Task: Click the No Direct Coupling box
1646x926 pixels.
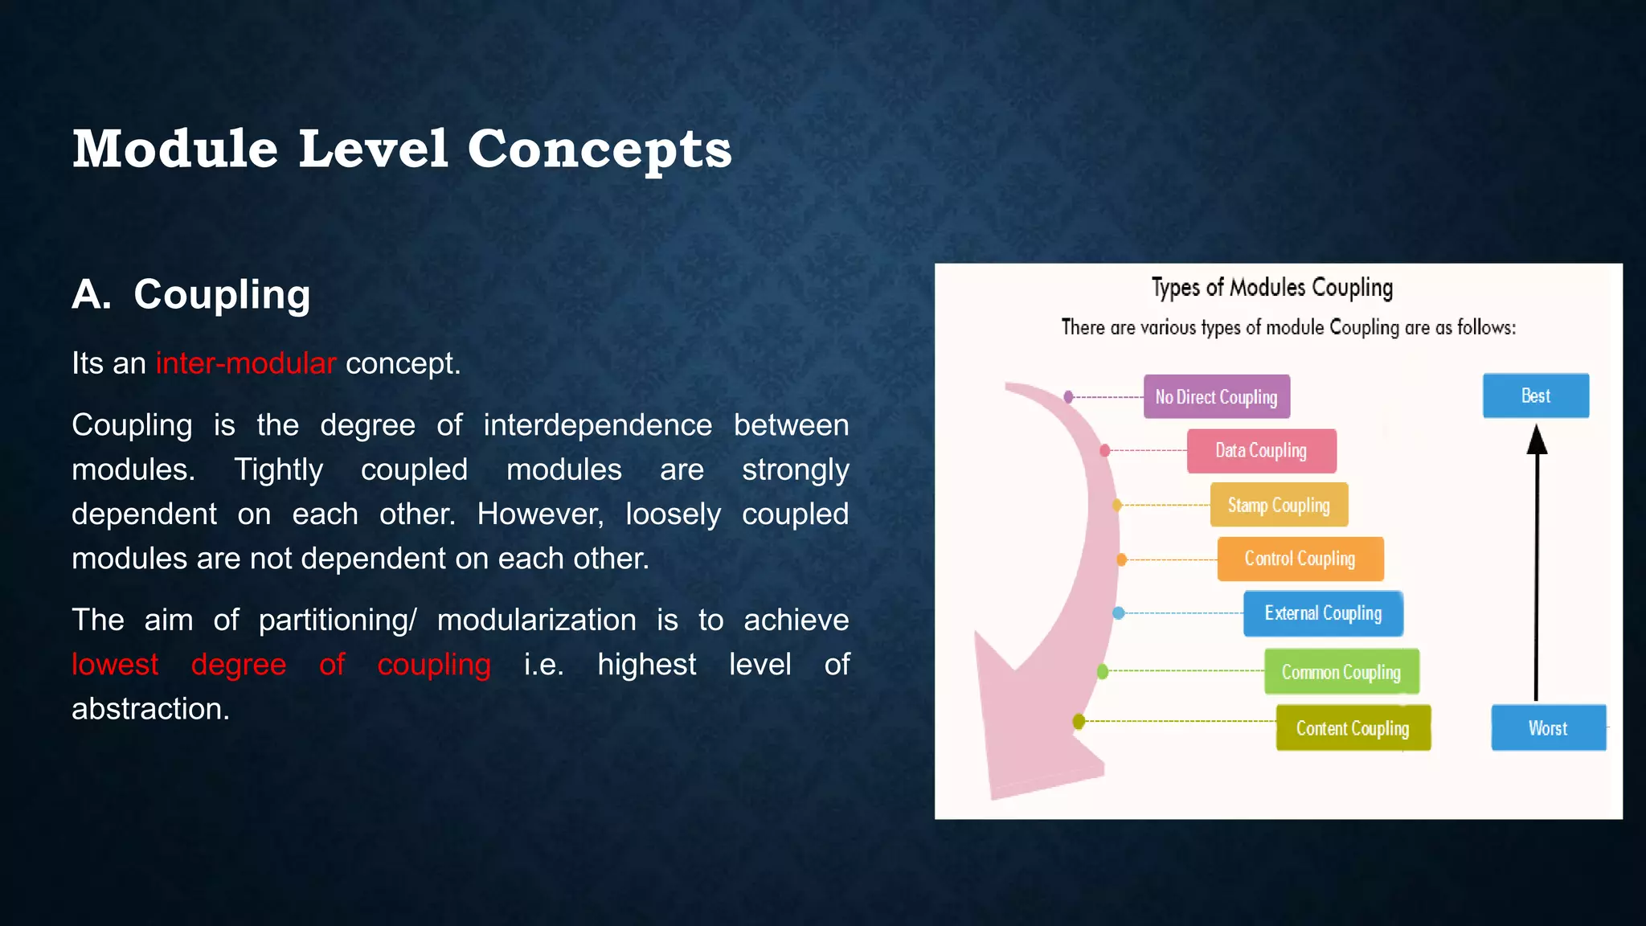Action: pyautogui.click(x=1216, y=396)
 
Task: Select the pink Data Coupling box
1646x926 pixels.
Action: pyautogui.click(x=1261, y=450)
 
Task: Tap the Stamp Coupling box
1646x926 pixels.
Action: pyautogui.click(x=1278, y=505)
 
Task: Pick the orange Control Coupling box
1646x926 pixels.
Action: pyautogui.click(x=1300, y=559)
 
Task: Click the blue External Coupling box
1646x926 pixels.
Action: pyautogui.click(x=1323, y=613)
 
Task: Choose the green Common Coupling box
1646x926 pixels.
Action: pyautogui.click(x=1341, y=671)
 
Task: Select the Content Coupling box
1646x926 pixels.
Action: pyautogui.click(x=1353, y=727)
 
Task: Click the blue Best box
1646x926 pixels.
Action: pyautogui.click(x=1535, y=395)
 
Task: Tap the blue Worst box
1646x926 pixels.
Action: pyautogui.click(x=1548, y=727)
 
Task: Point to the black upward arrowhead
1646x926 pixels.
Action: pyautogui.click(x=1537, y=440)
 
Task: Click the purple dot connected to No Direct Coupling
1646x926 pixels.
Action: pyautogui.click(x=1068, y=396)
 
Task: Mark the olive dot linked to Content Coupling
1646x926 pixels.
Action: pyautogui.click(x=1079, y=721)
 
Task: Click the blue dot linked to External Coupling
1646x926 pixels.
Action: pyautogui.click(x=1118, y=613)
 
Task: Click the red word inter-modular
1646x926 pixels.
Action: pyautogui.click(x=245, y=363)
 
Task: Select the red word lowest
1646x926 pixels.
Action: pyautogui.click(x=115, y=665)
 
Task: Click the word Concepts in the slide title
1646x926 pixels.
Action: pyautogui.click(x=600, y=150)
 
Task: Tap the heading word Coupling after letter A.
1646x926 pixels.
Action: pyautogui.click(x=222, y=294)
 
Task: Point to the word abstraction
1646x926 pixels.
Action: pyautogui.click(x=150, y=709)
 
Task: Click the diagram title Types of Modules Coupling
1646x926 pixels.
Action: pyautogui.click(x=1271, y=288)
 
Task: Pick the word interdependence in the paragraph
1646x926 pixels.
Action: pyautogui.click(x=597, y=425)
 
